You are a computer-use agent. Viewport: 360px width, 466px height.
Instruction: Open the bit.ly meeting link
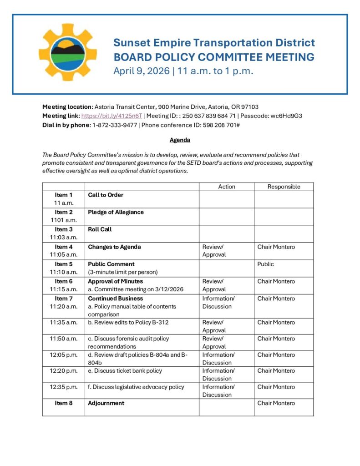[112, 116]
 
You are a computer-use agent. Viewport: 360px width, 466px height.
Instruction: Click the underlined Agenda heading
[180, 140]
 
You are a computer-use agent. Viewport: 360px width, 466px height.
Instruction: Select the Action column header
[227, 187]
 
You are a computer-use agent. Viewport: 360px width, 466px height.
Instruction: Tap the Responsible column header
[284, 187]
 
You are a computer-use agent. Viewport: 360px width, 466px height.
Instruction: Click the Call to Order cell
[106, 195]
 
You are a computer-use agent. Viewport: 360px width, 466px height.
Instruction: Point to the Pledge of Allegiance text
[116, 212]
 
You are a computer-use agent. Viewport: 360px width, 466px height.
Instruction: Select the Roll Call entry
[100, 229]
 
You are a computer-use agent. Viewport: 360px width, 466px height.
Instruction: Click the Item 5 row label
[64, 264]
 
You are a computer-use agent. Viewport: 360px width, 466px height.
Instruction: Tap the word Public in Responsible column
[266, 264]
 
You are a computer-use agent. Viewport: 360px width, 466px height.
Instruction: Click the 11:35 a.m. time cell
[64, 322]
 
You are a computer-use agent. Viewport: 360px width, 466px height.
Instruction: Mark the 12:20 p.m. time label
[64, 370]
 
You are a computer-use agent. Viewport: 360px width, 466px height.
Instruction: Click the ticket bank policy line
[125, 370]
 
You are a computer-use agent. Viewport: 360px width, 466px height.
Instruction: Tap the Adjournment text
[106, 403]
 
